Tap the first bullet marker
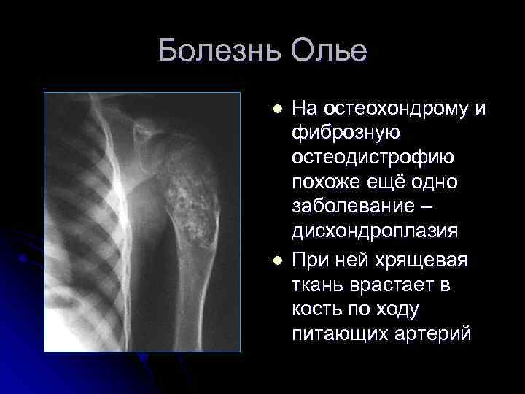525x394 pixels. coord(277,109)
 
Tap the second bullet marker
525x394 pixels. coord(277,261)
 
